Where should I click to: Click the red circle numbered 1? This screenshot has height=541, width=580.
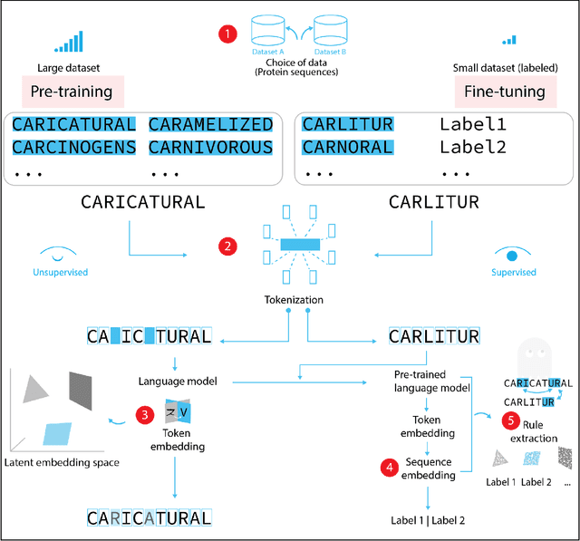click(x=227, y=34)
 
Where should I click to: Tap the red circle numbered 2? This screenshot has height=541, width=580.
click(x=228, y=245)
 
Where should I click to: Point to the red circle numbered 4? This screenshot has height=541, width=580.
click(x=389, y=469)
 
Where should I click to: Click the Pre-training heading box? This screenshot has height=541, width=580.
click(x=72, y=92)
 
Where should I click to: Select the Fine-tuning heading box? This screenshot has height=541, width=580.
click(x=505, y=92)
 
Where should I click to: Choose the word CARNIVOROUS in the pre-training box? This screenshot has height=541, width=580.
click(x=210, y=147)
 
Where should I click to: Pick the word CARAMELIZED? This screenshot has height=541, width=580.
click(x=210, y=124)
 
